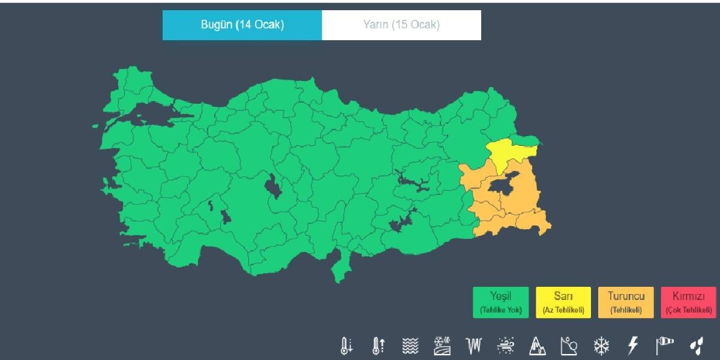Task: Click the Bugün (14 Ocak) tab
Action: click(242, 25)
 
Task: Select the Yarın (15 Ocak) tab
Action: click(401, 25)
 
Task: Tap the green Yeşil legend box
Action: click(500, 302)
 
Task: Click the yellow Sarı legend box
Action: click(563, 302)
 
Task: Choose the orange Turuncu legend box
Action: click(626, 302)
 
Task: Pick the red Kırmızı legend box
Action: click(688, 302)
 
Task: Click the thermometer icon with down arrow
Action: click(346, 346)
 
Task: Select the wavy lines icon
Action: click(410, 346)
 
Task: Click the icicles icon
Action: click(473, 346)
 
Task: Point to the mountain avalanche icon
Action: click(537, 346)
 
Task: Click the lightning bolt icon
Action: click(632, 346)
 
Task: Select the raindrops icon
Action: click(696, 346)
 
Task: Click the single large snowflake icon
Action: click(601, 346)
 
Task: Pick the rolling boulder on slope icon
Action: click(569, 346)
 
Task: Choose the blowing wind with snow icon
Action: click(505, 346)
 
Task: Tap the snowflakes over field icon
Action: click(442, 346)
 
